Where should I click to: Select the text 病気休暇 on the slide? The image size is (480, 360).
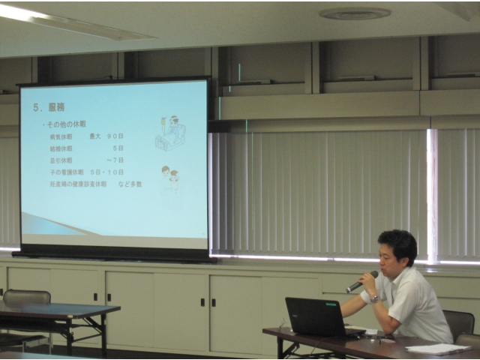point(61,136)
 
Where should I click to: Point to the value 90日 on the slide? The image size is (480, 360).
point(115,136)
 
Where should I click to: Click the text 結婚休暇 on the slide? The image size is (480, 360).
point(61,148)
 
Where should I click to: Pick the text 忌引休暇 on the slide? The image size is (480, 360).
point(61,160)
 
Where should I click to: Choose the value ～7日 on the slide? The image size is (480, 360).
point(115,160)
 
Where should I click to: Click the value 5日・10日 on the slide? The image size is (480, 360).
point(106,172)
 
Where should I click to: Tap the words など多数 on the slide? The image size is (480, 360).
point(128,184)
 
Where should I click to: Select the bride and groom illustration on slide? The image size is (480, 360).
point(170,178)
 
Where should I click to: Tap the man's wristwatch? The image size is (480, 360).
point(374,298)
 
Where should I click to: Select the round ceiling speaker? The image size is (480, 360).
point(355,13)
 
